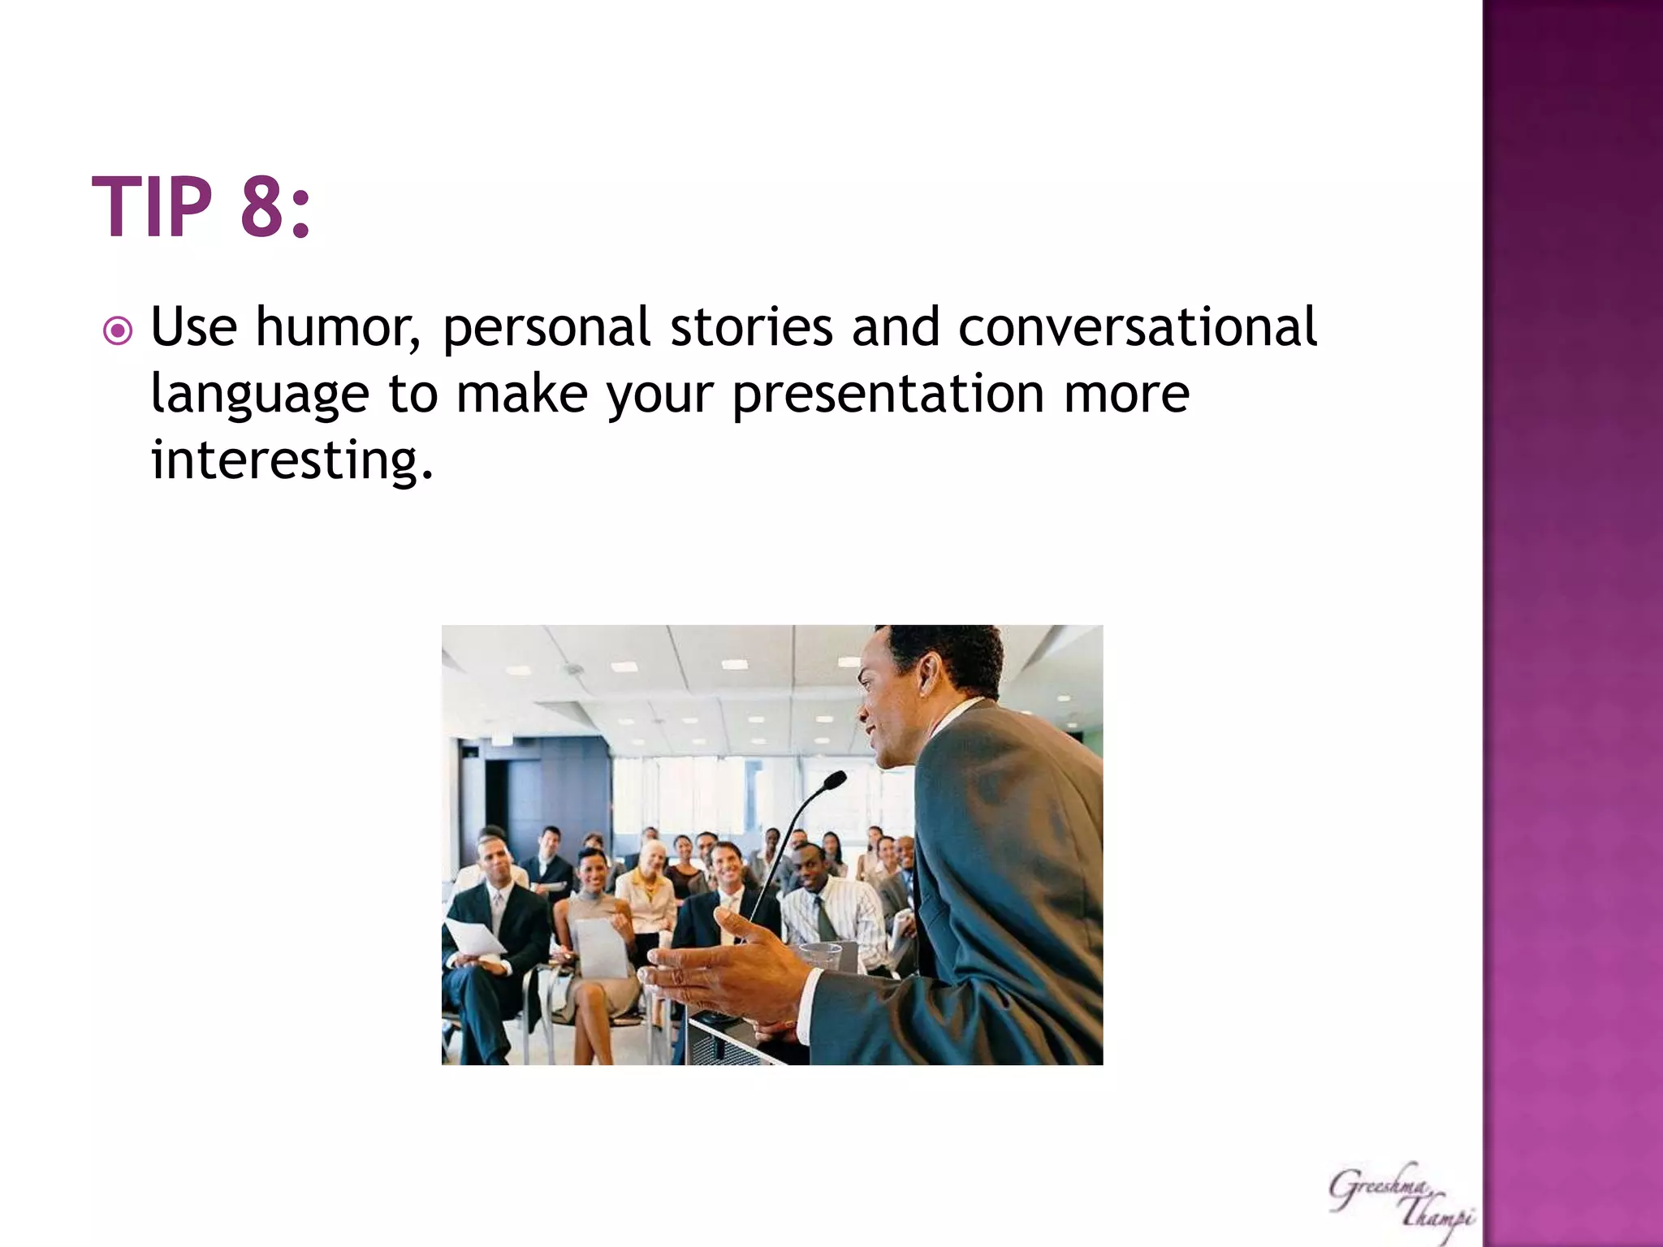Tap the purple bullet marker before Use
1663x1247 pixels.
118,331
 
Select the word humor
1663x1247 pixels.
337,328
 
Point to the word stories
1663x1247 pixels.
750,328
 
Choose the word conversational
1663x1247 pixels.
1137,328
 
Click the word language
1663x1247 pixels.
260,396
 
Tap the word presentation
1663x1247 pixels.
888,396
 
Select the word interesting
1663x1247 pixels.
291,461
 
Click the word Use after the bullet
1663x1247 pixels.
193,328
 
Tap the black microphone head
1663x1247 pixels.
834,781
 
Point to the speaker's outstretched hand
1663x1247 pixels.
723,966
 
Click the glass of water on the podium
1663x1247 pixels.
820,958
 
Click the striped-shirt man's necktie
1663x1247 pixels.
826,917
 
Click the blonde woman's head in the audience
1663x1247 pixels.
652,857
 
